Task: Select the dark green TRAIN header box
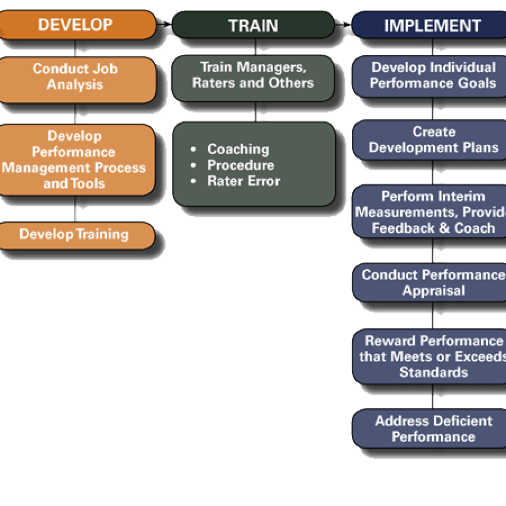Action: click(253, 25)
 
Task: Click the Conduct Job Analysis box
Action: click(76, 77)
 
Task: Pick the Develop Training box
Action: click(74, 234)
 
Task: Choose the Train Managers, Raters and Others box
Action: click(253, 75)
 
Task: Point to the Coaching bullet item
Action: click(238, 149)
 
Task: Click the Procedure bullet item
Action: click(240, 165)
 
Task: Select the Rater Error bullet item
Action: click(244, 181)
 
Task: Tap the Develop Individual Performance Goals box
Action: click(432, 75)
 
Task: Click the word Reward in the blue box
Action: click(386, 341)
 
